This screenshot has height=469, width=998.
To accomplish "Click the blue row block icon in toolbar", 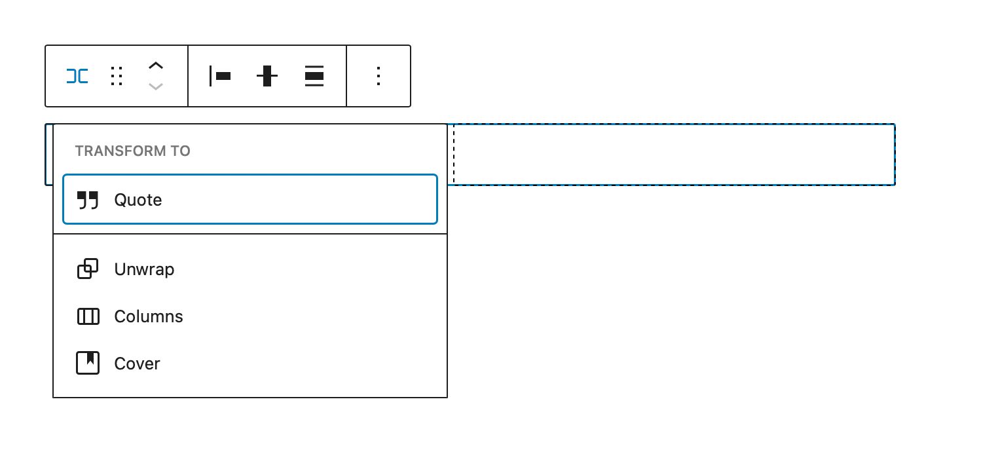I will tap(77, 76).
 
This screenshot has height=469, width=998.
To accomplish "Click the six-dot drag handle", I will tap(117, 76).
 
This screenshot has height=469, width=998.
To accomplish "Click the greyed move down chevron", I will tap(155, 86).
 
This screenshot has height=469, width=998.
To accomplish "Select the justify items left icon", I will tap(219, 76).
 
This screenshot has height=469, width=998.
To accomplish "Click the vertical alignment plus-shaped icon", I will tap(267, 76).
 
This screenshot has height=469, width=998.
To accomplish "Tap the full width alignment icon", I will tap(314, 76).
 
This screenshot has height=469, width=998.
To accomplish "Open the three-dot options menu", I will tap(378, 76).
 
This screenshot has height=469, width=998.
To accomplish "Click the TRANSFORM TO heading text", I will tap(132, 151).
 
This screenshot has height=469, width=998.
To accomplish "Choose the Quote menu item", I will tap(249, 200).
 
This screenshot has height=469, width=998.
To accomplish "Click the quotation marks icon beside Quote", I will tap(88, 200).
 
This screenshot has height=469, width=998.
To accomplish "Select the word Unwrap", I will tap(144, 269).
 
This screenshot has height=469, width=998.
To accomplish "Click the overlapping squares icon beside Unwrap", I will tap(88, 269).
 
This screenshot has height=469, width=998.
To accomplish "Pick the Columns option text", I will tap(149, 317).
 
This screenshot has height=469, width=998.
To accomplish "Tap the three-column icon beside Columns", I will tap(88, 317).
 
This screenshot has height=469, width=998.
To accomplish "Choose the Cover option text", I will tap(137, 364).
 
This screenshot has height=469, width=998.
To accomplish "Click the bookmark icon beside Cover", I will tap(88, 364).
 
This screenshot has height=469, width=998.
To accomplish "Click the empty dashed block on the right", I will tap(673, 155).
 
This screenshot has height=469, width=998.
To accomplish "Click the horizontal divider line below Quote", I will tap(249, 234).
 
